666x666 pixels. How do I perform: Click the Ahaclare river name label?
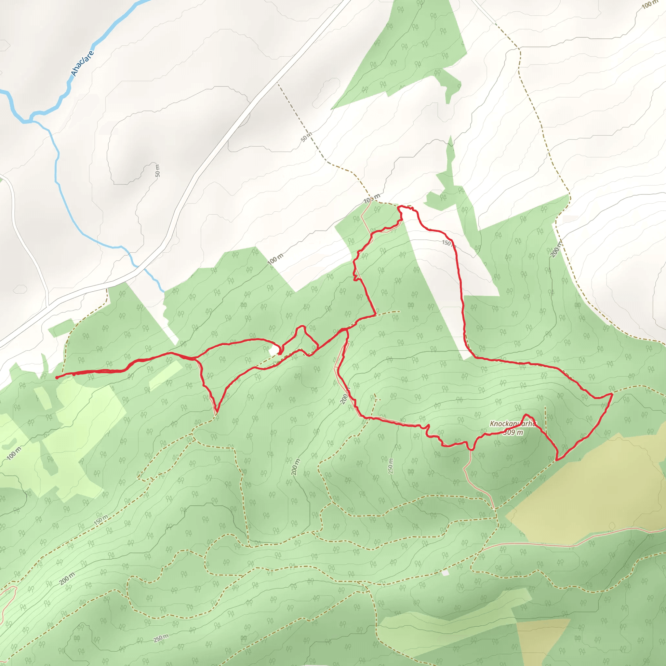[x=82, y=63]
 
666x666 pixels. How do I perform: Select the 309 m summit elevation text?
[x=513, y=432]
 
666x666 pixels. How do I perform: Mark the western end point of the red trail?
[x=57, y=378]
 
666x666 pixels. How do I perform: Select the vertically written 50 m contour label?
[x=157, y=171]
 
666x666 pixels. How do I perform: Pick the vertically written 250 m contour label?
[x=390, y=466]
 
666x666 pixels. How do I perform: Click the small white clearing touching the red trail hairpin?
[x=274, y=351]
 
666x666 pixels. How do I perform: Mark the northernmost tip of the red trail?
[x=399, y=206]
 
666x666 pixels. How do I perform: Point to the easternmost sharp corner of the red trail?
[x=612, y=393]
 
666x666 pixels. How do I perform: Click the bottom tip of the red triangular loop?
[x=217, y=411]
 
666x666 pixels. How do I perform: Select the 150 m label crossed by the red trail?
[x=448, y=243]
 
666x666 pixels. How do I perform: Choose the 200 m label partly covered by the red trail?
[x=345, y=398]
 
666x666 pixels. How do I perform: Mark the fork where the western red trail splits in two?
[x=196, y=358]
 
